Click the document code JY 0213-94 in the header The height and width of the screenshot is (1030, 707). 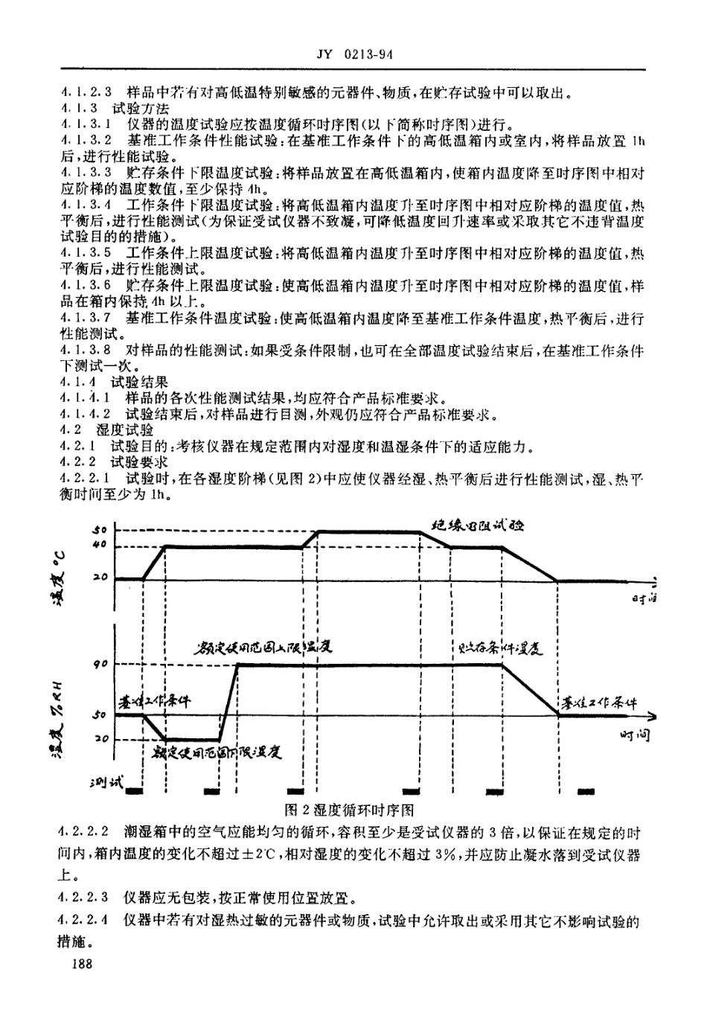[353, 54]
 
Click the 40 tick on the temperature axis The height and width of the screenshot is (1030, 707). [100, 546]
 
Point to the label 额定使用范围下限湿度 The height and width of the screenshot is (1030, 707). [216, 752]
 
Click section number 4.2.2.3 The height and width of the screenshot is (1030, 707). [84, 898]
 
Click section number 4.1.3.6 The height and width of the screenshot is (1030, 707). [84, 285]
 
